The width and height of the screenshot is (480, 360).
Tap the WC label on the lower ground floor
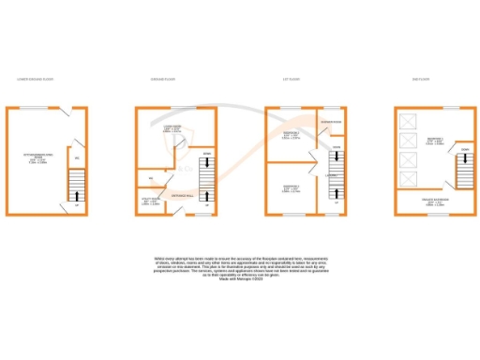75,158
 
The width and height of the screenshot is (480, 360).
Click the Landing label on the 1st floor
331,174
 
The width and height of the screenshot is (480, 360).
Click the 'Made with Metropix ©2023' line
239,279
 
